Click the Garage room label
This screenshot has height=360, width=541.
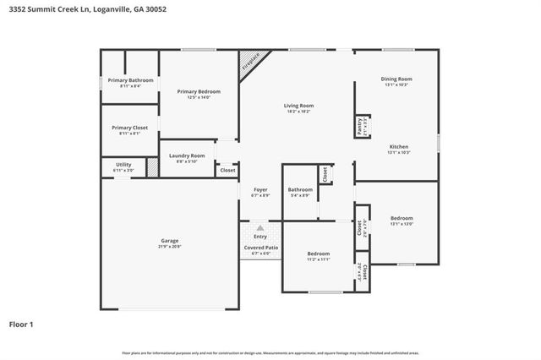coord(170,241)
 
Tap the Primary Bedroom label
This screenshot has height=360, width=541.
coord(199,91)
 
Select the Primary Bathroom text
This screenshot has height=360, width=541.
coord(130,80)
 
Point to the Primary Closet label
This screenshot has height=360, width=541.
coord(130,128)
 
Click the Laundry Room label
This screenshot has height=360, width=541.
coord(187,155)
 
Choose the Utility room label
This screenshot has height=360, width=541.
coord(123,165)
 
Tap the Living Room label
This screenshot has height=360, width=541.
coord(298,106)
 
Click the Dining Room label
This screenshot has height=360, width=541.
coord(396,79)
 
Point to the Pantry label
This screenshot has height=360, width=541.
coord(360,126)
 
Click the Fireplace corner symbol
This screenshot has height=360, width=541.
coord(252,64)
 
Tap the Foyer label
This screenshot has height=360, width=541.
coord(260,189)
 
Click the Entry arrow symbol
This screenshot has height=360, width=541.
coord(260,228)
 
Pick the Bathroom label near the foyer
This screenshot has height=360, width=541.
coord(300,189)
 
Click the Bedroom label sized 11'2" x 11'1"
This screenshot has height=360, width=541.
coord(319,254)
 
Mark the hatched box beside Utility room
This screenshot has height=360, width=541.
coord(152,166)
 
